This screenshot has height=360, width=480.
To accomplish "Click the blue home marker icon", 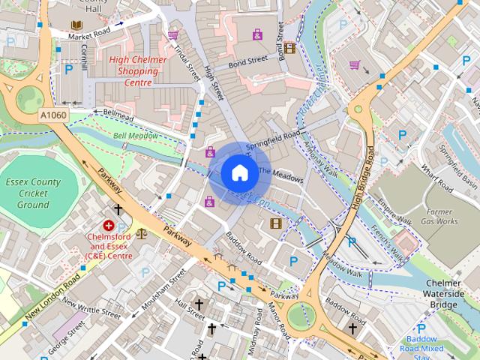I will pyautogui.click(x=238, y=172).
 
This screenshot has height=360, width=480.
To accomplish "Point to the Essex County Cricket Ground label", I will pyautogui.click(x=32, y=193).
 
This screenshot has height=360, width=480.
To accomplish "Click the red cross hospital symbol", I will pyautogui.click(x=109, y=225).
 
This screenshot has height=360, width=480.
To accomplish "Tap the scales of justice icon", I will pyautogui.click(x=142, y=232).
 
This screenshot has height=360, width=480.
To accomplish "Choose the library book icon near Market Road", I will pyautogui.click(x=75, y=25).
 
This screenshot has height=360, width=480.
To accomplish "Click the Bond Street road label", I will pyautogui.click(x=247, y=59).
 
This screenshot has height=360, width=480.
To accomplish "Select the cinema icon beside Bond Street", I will pyautogui.click(x=289, y=49).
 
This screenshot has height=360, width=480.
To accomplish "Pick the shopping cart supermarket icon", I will pyautogui.click(x=355, y=65).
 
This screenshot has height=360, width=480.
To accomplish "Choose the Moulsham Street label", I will pyautogui.click(x=166, y=287).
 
